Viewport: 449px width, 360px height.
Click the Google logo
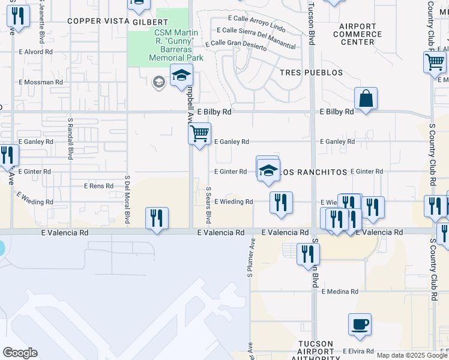(x=20, y=353)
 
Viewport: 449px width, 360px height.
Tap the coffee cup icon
(x=360, y=325)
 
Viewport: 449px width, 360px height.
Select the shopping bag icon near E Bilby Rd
(x=366, y=98)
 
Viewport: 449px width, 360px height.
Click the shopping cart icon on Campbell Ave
(x=199, y=133)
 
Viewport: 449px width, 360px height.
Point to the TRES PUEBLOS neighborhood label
(x=312, y=73)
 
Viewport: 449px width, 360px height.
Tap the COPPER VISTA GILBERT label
(x=109, y=21)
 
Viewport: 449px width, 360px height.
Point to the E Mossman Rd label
(x=38, y=82)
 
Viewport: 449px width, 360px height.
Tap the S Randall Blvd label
(x=70, y=138)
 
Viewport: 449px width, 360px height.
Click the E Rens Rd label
(x=98, y=186)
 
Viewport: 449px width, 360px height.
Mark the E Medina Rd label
(x=340, y=292)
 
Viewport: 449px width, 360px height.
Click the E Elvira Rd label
(x=358, y=351)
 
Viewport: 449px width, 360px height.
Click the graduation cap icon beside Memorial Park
(x=181, y=76)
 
